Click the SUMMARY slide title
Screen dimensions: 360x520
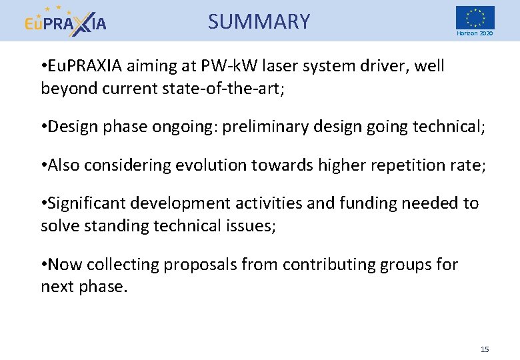tap(259, 22)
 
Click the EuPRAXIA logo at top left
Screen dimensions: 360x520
tap(65, 21)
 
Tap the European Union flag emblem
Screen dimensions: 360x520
tap(475, 17)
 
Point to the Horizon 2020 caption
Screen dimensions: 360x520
tap(475, 33)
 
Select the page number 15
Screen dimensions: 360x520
tap(485, 349)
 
